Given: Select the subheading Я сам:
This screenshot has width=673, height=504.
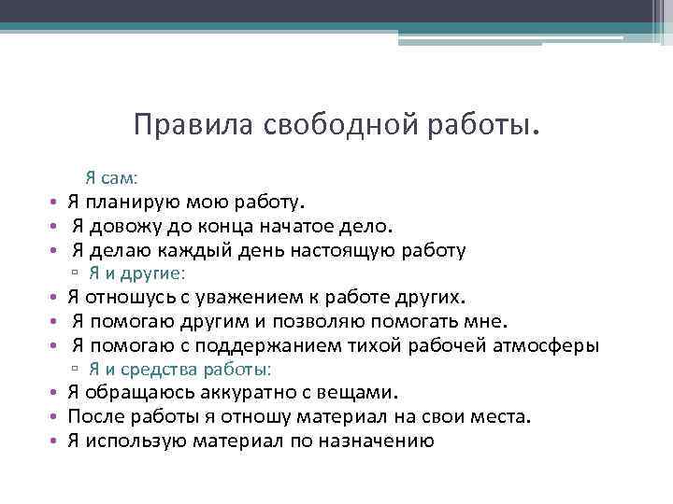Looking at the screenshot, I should click(x=137, y=176).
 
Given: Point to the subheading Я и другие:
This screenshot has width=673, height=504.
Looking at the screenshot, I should click(x=138, y=273).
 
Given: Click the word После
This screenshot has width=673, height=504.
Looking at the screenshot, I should click(x=96, y=418).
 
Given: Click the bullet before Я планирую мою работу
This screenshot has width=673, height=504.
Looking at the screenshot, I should click(x=56, y=202).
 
